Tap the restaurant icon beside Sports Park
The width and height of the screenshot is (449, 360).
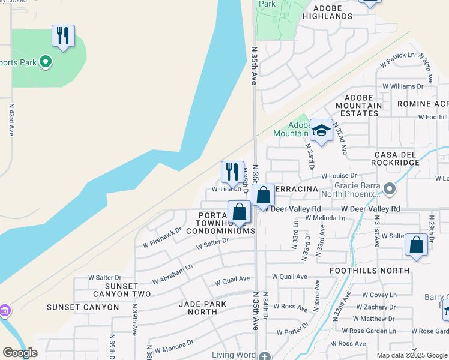[63, 36]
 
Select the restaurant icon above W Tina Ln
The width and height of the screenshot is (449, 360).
[232, 172]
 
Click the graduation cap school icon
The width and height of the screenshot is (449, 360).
[321, 131]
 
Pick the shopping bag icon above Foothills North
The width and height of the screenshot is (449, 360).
[417, 245]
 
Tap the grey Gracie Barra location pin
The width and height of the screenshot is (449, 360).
[390, 190]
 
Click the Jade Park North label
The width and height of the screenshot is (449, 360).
[203, 308]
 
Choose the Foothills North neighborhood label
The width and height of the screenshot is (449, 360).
[370, 271]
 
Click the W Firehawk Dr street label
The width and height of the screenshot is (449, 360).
[162, 238]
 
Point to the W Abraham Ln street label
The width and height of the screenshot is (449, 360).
[172, 273]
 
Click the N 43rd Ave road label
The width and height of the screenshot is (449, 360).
[11, 119]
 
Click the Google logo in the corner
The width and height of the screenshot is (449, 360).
[20, 353]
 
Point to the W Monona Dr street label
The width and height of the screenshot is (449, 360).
[173, 346]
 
